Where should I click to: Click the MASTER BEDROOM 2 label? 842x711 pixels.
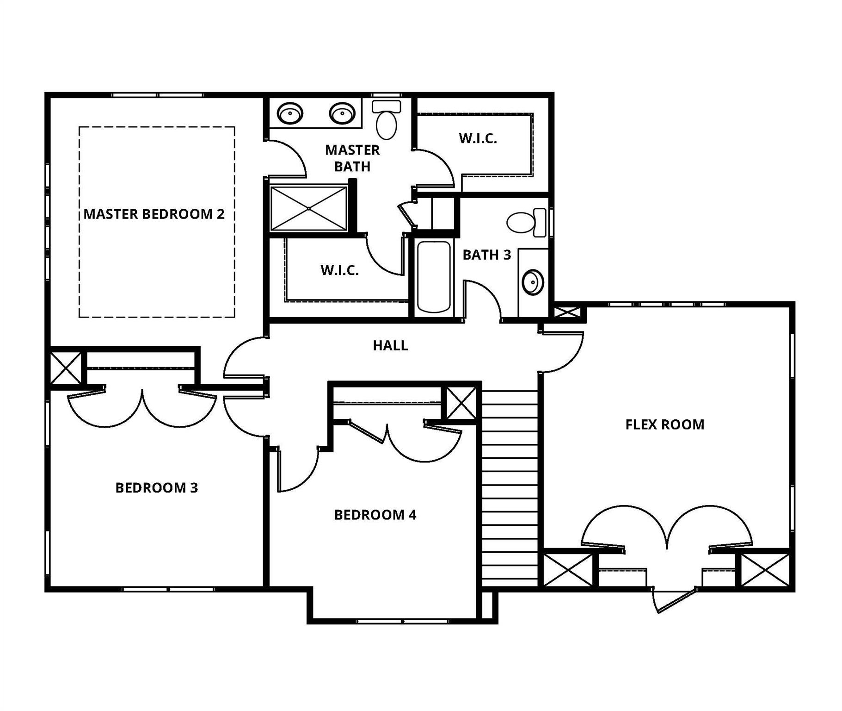pos(154,214)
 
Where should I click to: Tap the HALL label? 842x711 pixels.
pos(390,345)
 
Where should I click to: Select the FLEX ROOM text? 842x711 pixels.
pos(664,424)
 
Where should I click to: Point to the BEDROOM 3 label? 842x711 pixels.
pos(156,487)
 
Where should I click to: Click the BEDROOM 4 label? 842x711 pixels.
pos(375,515)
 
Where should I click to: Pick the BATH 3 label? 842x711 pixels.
pos(486,255)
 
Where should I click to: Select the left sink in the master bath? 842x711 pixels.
pos(290,113)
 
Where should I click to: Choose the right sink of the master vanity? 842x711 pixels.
pos(342,113)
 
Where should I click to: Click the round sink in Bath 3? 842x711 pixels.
pos(533,282)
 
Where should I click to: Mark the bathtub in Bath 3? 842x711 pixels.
pos(434,277)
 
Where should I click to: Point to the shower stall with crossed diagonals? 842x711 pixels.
pos(308,208)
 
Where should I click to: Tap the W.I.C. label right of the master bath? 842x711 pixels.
pos(478,138)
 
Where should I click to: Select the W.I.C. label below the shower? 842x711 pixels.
pos(339,270)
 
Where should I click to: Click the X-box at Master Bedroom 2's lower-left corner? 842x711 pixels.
pos(65,368)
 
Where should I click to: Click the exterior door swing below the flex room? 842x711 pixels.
pos(670,600)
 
